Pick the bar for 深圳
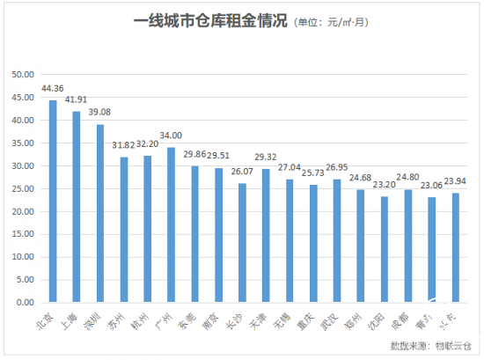point(100,213)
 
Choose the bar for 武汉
point(337,240)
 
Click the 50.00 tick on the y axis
point(22,75)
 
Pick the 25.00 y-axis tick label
point(22,188)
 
